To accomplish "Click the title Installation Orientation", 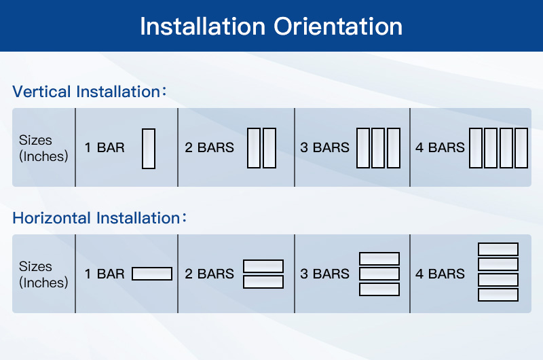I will tap(271, 26).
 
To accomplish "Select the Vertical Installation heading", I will tap(86, 92).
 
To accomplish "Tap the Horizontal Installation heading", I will tap(96, 218).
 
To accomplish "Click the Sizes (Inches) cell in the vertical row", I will tap(43, 148).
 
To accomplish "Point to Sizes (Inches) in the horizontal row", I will tap(43, 274).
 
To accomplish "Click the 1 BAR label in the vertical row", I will tap(105, 147).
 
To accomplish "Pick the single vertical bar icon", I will tap(149, 148).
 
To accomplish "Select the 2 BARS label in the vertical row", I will tap(209, 147).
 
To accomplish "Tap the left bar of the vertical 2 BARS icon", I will tap(254, 148).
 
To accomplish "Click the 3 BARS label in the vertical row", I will tap(324, 147).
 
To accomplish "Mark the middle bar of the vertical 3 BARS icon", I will tap(379, 148).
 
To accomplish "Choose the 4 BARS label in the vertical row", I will tap(440, 147).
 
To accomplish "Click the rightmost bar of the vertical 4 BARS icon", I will tap(521, 148).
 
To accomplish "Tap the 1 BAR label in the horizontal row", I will tap(105, 274).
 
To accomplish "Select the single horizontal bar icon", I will tap(152, 274).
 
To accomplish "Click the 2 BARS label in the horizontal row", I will tap(209, 274).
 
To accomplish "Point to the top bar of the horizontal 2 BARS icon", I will tap(263, 266).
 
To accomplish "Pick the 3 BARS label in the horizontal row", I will tap(324, 274).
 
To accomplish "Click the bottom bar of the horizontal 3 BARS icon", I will tap(379, 289).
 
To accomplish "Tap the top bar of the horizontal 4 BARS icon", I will tap(498, 249).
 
